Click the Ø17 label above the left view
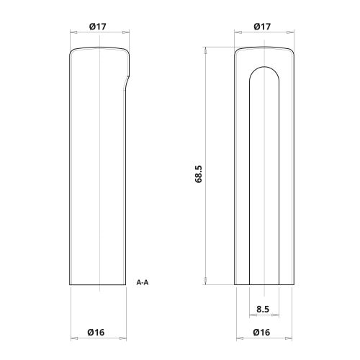[x=98, y=27]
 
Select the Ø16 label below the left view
[x=98, y=332]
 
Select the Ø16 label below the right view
[x=262, y=332]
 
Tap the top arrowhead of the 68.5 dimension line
[x=206, y=50]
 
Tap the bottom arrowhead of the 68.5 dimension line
[x=206, y=284]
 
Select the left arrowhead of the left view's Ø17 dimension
[x=71, y=32]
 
